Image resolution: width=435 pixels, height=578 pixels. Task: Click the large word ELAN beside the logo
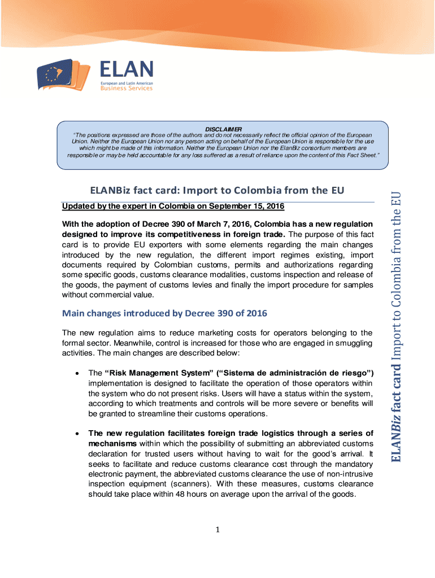tap(127, 70)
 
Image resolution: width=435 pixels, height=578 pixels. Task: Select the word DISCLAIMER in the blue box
tap(223, 129)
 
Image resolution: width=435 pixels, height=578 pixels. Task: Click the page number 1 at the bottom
tap(217, 529)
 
